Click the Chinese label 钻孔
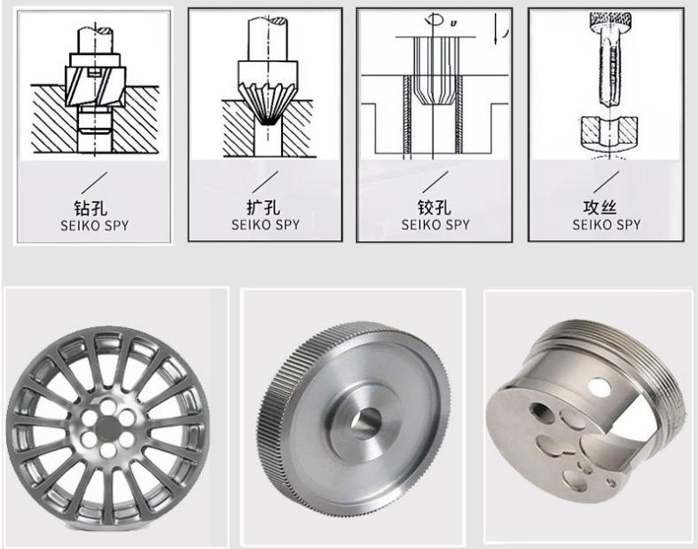(x=90, y=208)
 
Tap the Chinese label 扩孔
(x=263, y=208)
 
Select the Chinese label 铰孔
(x=434, y=208)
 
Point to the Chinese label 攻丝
(x=600, y=208)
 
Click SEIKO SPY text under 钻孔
(x=94, y=226)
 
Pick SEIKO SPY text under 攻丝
(x=607, y=224)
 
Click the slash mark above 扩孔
(x=265, y=182)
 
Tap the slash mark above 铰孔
(x=435, y=182)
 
